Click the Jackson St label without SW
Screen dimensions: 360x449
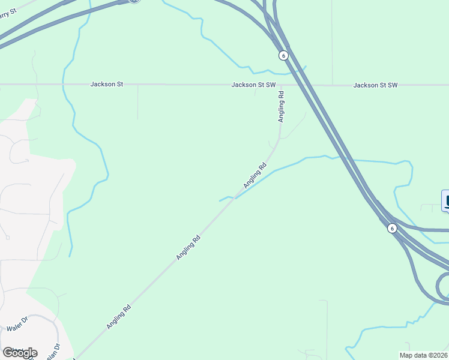click(x=107, y=85)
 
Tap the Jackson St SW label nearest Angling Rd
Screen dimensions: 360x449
click(x=253, y=85)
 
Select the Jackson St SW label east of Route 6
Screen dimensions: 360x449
click(x=375, y=85)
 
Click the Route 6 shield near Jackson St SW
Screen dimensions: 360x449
click(x=283, y=55)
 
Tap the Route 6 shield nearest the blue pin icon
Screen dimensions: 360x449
click(x=391, y=228)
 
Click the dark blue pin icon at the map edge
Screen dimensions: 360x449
click(x=445, y=200)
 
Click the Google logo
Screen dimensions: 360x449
click(x=20, y=353)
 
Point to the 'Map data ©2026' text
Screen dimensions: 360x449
click(x=423, y=355)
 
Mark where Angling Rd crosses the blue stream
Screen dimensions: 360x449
click(x=235, y=198)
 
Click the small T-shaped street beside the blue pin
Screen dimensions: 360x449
click(x=429, y=206)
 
